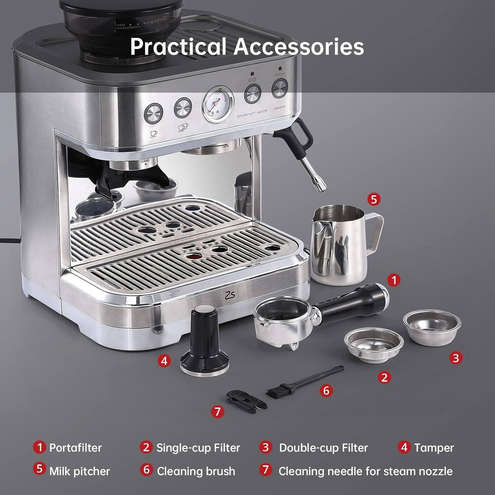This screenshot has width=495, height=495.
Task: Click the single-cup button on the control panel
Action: (154, 113)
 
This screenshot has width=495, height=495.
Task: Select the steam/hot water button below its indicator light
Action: (252, 94)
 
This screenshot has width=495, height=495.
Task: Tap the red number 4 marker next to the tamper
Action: (164, 361)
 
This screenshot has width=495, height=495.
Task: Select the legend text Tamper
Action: (434, 448)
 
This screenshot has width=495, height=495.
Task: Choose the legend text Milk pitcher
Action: (79, 471)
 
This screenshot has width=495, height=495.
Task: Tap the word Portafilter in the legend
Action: (75, 448)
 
